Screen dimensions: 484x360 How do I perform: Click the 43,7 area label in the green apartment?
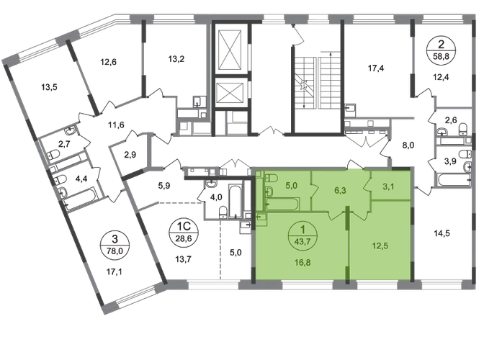coord(302,241)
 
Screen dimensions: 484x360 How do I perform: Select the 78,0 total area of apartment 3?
coord(115,251)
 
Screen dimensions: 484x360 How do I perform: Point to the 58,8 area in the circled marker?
coord(442,57)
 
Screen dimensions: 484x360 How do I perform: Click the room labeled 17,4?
coord(376,68)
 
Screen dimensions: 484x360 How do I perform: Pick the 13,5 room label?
coord(50,87)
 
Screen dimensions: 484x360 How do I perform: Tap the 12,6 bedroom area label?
coord(108,62)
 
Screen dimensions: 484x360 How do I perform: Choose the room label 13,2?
coord(176,58)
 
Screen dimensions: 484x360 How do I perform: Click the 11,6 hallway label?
coord(116,125)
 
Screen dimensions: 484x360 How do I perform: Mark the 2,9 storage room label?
coord(130,154)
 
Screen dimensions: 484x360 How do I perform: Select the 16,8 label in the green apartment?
coord(302,263)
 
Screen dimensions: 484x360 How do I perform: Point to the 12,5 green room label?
coord(380,246)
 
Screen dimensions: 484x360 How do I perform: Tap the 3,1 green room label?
coord(388,186)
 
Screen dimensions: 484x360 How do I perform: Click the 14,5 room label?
coord(442,233)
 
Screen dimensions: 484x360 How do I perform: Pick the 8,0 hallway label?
coord(408,145)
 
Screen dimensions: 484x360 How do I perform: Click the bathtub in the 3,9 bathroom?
coord(453,180)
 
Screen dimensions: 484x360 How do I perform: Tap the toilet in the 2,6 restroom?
coord(463,129)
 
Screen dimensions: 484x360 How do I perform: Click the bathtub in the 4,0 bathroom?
coord(236,202)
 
